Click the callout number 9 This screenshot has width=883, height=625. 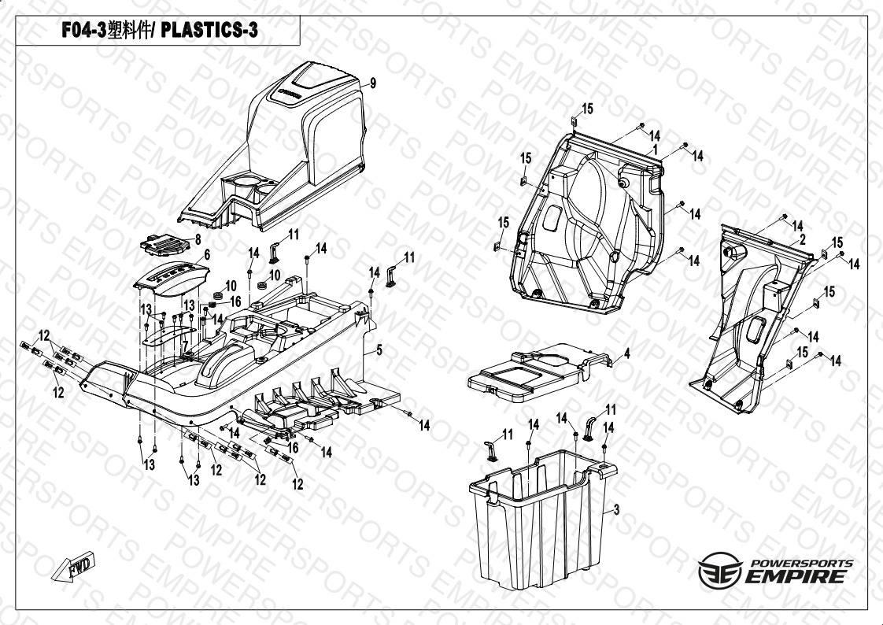(x=373, y=83)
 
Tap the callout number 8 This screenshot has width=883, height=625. (x=198, y=240)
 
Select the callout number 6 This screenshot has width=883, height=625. (x=207, y=254)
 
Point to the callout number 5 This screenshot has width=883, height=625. (x=379, y=350)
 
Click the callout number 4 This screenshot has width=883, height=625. (x=626, y=353)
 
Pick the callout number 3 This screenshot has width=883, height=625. (x=617, y=509)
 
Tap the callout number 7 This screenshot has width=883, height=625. (x=185, y=346)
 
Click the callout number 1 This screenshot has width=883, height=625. (x=655, y=150)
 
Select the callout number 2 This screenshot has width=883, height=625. (x=803, y=239)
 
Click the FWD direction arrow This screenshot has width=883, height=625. (x=74, y=567)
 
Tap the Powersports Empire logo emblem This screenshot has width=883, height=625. (x=719, y=571)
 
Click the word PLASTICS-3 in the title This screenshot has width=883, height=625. (x=209, y=31)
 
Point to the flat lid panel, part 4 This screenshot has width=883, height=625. (x=540, y=374)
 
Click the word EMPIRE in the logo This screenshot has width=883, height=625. (x=795, y=576)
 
